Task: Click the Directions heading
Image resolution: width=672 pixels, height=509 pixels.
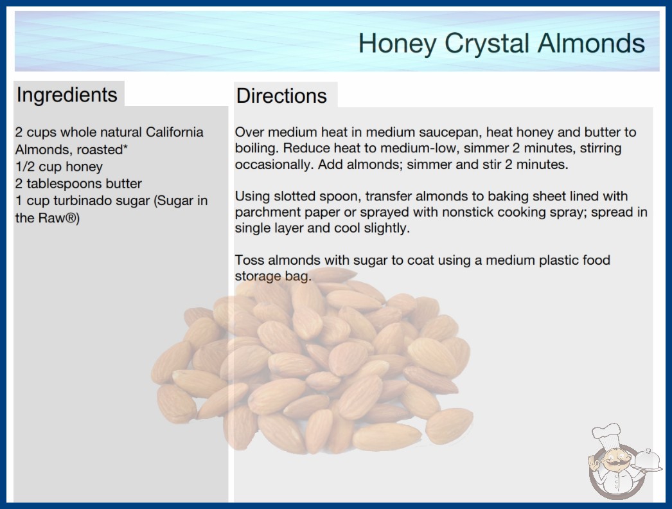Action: [281, 96]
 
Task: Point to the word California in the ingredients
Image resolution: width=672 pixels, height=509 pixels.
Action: [175, 132]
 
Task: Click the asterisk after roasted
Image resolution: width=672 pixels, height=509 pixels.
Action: [125, 148]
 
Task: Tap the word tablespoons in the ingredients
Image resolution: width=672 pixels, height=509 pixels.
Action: [64, 184]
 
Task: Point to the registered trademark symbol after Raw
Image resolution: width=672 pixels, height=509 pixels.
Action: [71, 218]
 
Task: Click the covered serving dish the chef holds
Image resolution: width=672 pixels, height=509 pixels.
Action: [647, 460]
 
